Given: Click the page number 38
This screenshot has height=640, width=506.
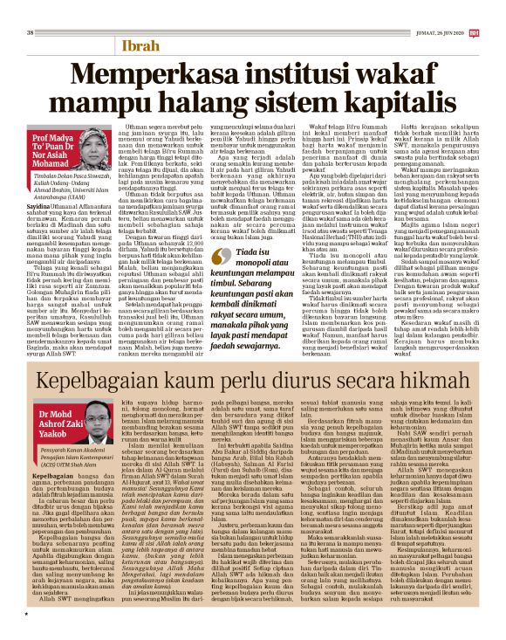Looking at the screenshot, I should click(x=31, y=9).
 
